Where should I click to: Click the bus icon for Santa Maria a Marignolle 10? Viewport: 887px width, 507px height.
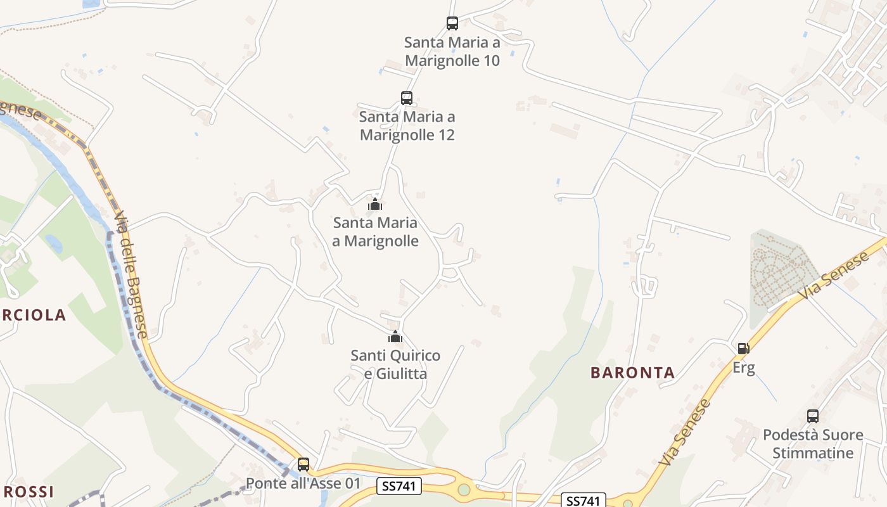(x=452, y=23)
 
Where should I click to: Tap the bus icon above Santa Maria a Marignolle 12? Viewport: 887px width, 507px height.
(x=407, y=98)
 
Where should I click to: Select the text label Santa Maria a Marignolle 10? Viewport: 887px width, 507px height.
(x=452, y=52)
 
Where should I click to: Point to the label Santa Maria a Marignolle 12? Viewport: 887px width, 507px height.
(x=407, y=126)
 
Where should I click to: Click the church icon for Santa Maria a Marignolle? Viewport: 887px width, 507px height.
(x=375, y=204)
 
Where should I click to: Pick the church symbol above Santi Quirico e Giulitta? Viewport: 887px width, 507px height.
(x=395, y=337)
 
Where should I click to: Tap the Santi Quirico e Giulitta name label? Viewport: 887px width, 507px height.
(x=395, y=364)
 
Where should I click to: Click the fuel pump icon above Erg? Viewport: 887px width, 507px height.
(x=744, y=348)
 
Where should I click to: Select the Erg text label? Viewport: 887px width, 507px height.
(x=744, y=368)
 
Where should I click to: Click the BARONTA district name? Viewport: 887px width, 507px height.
(x=632, y=373)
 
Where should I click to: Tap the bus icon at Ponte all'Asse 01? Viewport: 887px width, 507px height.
(x=303, y=465)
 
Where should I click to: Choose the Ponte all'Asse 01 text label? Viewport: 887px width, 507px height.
(x=303, y=484)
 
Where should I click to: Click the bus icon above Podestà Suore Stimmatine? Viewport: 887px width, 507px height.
(x=813, y=416)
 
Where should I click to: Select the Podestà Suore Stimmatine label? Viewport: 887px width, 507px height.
(x=813, y=444)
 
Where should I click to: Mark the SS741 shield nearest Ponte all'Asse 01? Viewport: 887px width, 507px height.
(x=399, y=486)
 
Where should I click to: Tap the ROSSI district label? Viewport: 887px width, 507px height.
(x=29, y=492)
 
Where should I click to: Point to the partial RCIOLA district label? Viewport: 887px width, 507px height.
(x=33, y=315)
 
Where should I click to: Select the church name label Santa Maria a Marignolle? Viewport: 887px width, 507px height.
(x=376, y=232)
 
